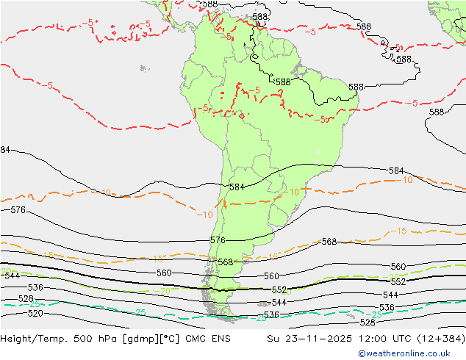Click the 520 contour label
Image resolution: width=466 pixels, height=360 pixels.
coord(35,314)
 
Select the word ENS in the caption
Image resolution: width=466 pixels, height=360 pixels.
coord(221,339)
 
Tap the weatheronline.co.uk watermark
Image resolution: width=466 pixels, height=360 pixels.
coord(409,353)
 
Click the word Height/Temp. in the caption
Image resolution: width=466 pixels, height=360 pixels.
coord(34,339)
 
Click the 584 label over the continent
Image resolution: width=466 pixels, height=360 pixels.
coord(237,187)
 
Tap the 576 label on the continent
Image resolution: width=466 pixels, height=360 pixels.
coord(218,240)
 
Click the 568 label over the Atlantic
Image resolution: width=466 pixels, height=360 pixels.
coord(329,242)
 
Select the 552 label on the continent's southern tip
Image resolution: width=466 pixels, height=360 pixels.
coord(279,290)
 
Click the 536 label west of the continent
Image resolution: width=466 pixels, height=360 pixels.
coord(35,287)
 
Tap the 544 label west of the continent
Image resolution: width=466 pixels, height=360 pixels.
coord(12,276)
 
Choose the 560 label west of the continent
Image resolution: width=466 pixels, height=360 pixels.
coord(164,273)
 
